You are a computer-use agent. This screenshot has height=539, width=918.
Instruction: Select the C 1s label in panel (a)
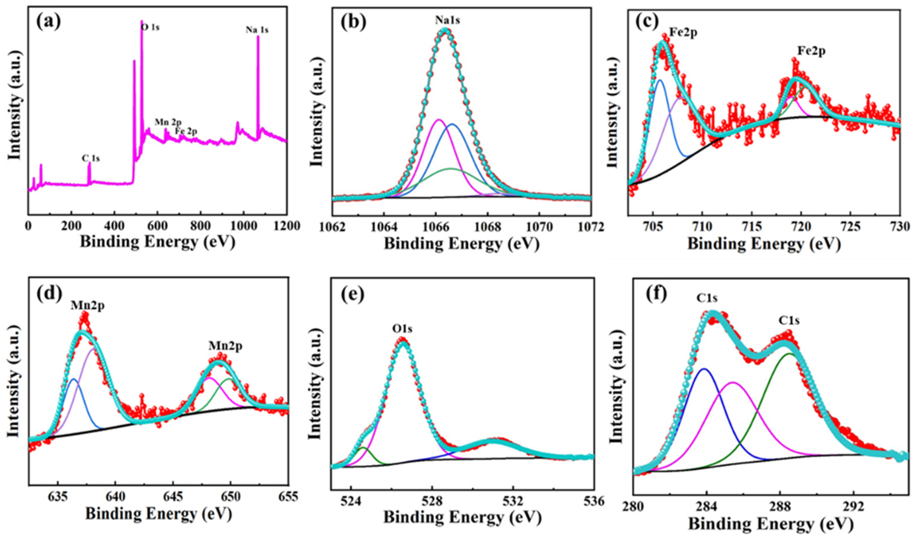click(90, 158)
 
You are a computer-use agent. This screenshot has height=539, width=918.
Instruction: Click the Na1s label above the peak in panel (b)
click(447, 20)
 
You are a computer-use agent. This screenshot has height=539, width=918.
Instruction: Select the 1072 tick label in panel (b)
click(590, 227)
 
